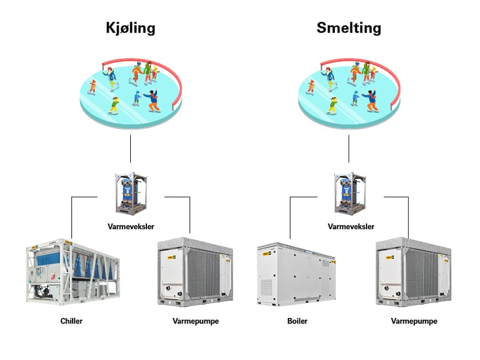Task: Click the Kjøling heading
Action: [131, 28]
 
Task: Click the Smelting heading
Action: [349, 28]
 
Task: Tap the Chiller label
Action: [71, 321]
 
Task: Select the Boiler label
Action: [297, 321]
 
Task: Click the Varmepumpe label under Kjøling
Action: [196, 322]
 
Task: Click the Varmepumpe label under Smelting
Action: [414, 322]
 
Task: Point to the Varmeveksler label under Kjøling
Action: [131, 227]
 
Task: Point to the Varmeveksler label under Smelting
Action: [351, 227]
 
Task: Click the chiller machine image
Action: [73, 272]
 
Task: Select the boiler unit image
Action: [296, 274]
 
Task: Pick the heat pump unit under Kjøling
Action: [195, 272]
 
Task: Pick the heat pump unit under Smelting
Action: [413, 272]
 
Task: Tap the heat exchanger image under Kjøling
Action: [131, 193]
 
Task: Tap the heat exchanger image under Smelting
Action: [350, 193]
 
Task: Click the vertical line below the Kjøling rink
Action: [130, 149]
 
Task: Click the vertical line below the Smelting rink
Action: [349, 149]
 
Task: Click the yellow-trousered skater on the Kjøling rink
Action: [114, 106]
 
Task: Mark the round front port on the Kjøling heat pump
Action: [168, 288]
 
